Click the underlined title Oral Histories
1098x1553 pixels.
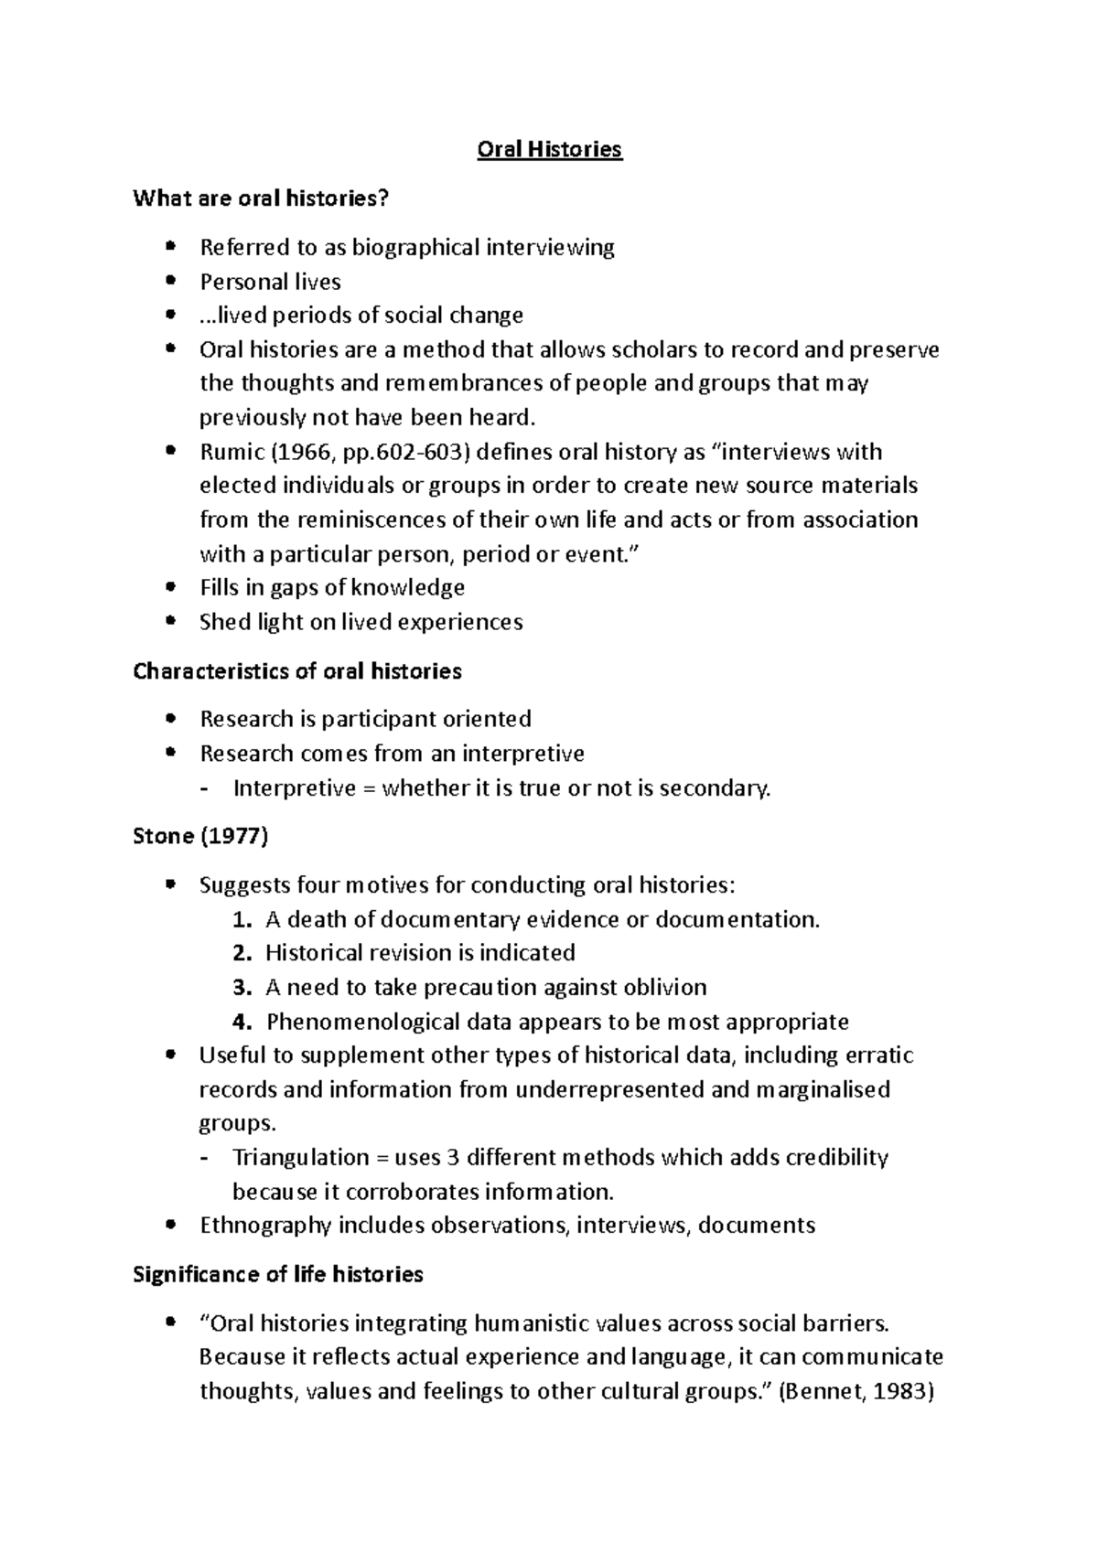549,149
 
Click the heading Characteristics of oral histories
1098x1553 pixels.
296,671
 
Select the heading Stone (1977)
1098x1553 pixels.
200,836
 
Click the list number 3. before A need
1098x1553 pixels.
242,988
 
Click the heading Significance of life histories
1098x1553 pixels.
277,1274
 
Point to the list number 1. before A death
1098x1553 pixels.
242,919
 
